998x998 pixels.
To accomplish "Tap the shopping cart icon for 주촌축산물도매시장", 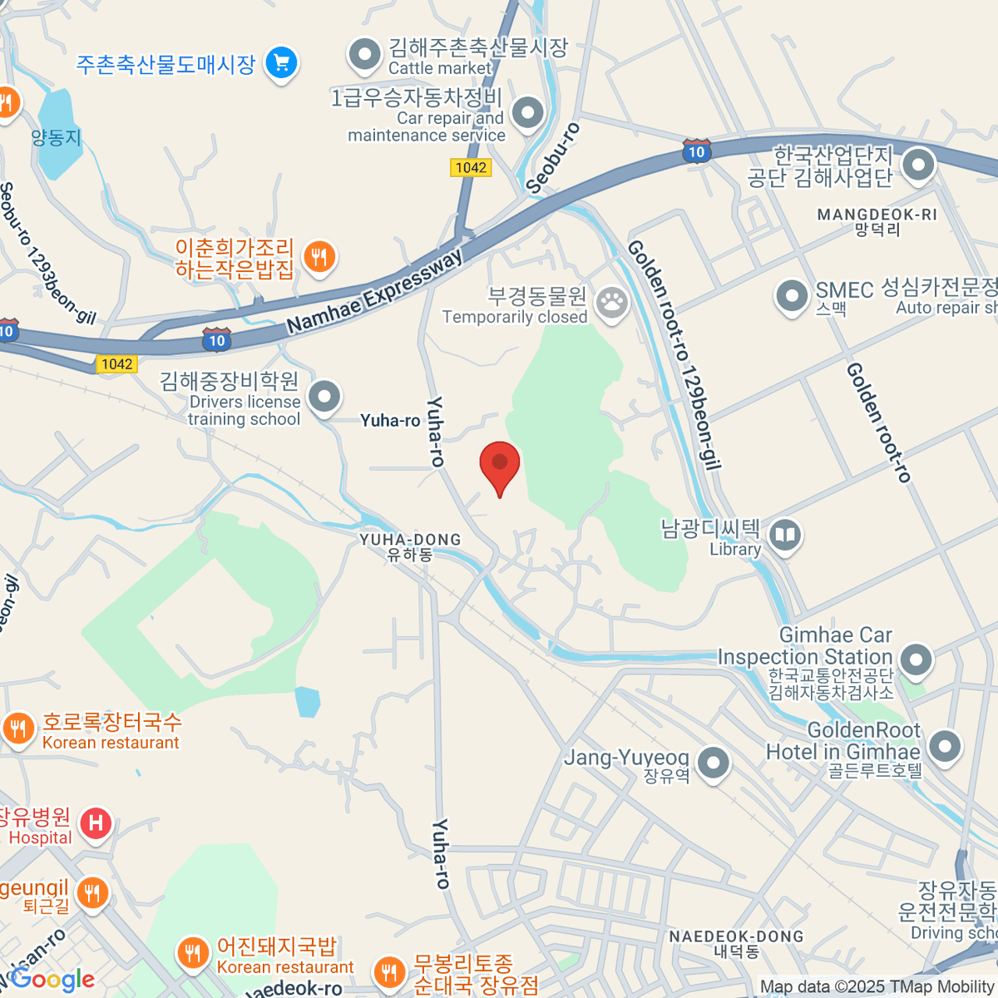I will click(281, 63).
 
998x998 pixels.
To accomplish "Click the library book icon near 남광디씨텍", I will click(785, 535).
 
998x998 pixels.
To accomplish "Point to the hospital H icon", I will click(96, 824).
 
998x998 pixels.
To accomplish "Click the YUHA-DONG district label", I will click(410, 546).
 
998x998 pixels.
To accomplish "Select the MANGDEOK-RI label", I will click(877, 221).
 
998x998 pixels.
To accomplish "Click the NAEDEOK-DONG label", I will click(736, 943).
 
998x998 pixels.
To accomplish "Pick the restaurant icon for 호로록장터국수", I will click(18, 729).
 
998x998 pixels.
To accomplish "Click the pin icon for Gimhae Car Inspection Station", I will click(916, 660).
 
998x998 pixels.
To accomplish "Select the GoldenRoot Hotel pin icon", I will click(945, 746).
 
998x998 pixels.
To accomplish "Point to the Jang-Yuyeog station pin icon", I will click(714, 763).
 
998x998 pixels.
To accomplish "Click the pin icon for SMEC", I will click(791, 295).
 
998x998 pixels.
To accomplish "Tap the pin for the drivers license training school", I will click(324, 397).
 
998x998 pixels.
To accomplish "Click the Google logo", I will click(52, 979).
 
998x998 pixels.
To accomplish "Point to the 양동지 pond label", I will click(57, 138).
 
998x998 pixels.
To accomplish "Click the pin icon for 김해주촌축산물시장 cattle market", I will click(364, 55).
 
